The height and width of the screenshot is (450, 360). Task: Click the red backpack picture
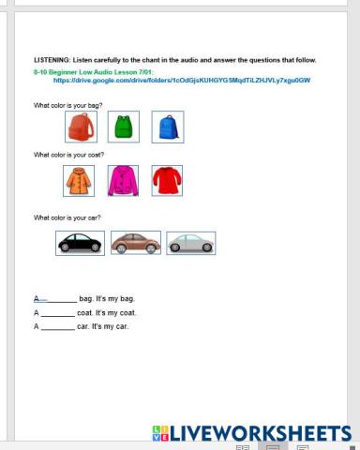click(79, 127)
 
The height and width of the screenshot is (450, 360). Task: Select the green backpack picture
click(122, 127)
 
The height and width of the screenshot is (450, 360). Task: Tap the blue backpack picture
click(167, 127)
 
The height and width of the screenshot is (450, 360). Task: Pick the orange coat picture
click(79, 180)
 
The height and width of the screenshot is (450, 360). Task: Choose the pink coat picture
click(123, 180)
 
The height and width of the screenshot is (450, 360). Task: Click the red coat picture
click(167, 180)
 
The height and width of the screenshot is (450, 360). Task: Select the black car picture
click(81, 243)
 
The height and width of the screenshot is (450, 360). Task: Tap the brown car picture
click(135, 243)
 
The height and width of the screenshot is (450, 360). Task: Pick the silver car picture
click(190, 243)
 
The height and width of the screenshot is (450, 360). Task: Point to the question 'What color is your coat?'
click(68, 155)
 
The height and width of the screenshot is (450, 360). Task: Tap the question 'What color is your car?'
click(67, 217)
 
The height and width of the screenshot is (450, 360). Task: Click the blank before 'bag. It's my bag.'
click(57, 299)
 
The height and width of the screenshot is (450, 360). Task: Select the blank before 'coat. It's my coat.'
click(57, 313)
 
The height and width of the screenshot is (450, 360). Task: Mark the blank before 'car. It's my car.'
click(57, 327)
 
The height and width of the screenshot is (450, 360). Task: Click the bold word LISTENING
click(52, 59)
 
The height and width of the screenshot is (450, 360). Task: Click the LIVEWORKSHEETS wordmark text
click(262, 433)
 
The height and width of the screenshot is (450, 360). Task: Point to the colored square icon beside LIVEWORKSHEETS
click(158, 433)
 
